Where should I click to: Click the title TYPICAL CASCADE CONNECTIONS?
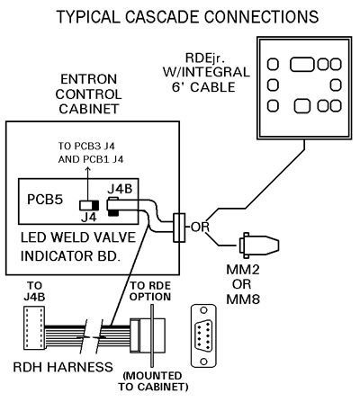tap(187, 17)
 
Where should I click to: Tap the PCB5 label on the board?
tap(45, 200)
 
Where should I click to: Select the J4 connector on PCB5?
tap(89, 205)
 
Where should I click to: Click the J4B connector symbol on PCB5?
tap(113, 207)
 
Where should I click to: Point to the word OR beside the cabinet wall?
tap(200, 227)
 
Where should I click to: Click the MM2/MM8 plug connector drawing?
tap(259, 246)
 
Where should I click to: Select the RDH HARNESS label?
tap(63, 367)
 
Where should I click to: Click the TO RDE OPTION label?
tap(150, 291)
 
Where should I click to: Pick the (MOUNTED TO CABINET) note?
tap(153, 381)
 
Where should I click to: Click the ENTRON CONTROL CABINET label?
tap(88, 94)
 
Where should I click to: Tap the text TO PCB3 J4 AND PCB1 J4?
tap(91, 153)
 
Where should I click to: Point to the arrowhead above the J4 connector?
tap(87, 170)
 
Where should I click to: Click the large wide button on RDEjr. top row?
tap(302, 65)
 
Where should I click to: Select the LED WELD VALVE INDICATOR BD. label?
tap(78, 246)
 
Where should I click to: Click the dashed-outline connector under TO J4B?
tap(34, 327)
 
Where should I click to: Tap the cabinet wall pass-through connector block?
tap(179, 228)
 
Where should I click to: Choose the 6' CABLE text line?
tap(203, 87)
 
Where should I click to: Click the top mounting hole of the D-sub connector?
tap(204, 310)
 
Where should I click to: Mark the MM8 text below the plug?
tap(243, 299)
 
